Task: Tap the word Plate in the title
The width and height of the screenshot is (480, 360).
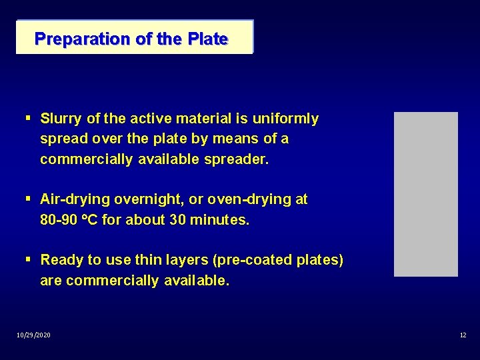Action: click(207, 39)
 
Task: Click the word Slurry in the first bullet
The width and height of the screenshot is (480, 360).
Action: click(61, 119)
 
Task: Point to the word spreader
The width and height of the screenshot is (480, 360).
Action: click(237, 160)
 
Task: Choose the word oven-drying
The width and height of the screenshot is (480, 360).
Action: click(250, 199)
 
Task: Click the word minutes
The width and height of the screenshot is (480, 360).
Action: click(219, 220)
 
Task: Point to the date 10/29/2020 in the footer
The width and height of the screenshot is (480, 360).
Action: click(33, 335)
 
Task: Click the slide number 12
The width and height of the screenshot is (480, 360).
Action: click(463, 335)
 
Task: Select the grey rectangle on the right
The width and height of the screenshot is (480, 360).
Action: click(426, 194)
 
